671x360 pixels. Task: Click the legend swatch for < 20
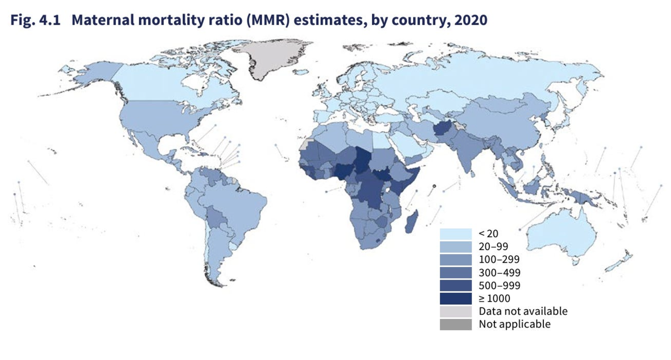455,234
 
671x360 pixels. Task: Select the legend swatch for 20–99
455,247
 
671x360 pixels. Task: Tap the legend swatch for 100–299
455,259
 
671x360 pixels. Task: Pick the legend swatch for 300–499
455,272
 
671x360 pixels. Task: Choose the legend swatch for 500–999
455,286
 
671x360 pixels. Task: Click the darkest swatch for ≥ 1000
455,298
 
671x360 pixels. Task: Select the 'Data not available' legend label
523,311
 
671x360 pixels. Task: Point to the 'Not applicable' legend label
515,324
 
